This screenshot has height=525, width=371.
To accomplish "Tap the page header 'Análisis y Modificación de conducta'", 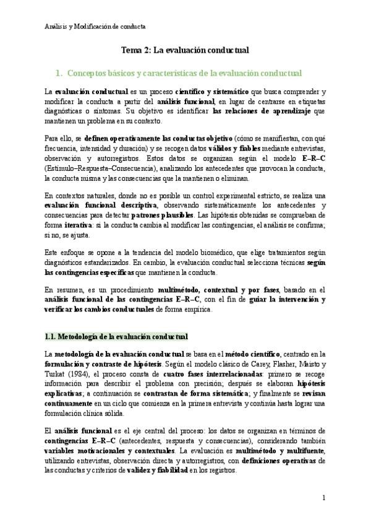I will coord(96,27).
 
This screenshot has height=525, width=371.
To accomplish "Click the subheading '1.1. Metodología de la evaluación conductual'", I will coord(116,337).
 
